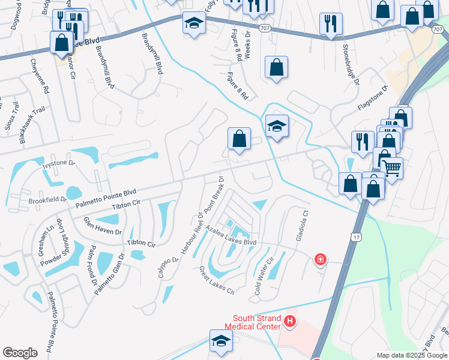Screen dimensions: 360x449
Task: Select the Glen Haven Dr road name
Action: pos(102,226)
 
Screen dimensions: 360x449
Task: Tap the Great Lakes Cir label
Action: pos(216,281)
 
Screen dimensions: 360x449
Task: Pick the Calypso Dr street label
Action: pos(169,268)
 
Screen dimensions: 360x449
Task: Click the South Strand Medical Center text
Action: pos(253,322)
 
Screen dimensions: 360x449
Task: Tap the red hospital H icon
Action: pos(291,322)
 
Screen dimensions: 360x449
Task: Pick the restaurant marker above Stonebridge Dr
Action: pos(331,23)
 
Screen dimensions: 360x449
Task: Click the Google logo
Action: pos(20,353)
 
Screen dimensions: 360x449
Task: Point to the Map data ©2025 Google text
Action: pos(411,355)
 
